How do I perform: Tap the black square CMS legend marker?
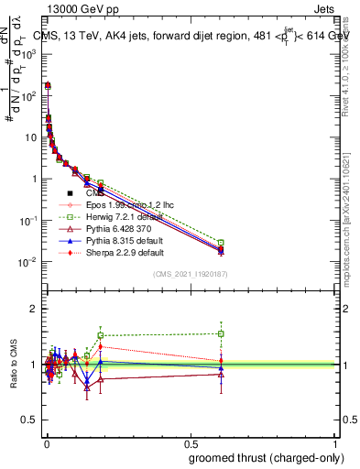coord(71,193)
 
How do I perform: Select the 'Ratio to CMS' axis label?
coord(12,364)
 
